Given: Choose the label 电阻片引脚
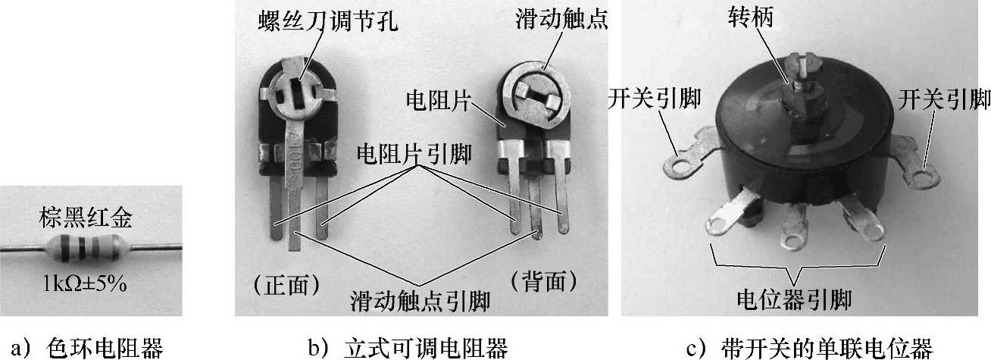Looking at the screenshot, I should pos(414,155).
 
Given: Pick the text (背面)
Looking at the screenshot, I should pos(545,282).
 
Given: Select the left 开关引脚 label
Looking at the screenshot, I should pos(654,99).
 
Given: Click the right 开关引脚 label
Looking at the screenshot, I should pos(943,98).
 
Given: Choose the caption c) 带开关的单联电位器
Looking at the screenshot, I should pos(808,347).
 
